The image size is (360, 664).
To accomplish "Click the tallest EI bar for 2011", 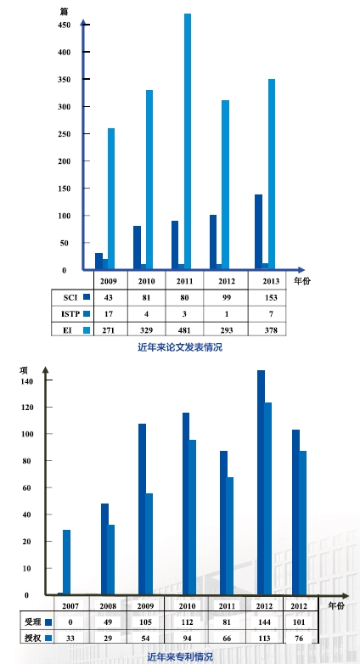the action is tap(187, 141).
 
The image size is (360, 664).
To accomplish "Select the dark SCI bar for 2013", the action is tap(258, 232).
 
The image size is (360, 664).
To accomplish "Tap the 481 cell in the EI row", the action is tap(184, 330).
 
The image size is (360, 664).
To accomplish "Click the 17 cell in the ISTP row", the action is tap(109, 314).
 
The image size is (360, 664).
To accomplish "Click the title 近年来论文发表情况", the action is tap(180, 347).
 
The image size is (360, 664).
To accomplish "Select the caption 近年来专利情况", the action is tap(180, 657).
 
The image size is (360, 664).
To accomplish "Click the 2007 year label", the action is tap(70, 606).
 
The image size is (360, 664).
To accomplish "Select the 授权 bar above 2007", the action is tap(66, 562).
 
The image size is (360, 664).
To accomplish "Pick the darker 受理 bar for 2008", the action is tap(104, 549).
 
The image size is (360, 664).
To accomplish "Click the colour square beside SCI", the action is tap(87, 297).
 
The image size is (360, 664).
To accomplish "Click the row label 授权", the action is tap(32, 638).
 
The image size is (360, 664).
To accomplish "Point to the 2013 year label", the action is tap(271, 281).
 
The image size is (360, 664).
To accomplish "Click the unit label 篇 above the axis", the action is tap(65, 12).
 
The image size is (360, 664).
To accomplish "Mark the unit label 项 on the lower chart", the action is tap(24, 369).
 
